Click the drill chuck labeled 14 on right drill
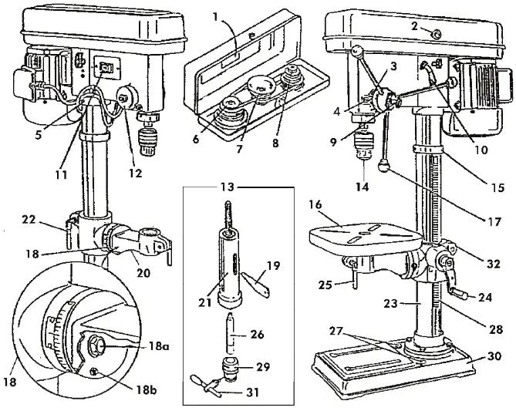coord(363,144)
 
